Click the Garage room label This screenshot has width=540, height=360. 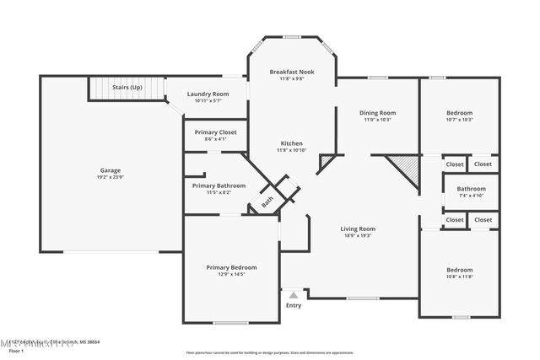coord(111,170)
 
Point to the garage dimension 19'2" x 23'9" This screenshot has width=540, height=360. coord(111,178)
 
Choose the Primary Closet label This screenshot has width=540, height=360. coord(215,132)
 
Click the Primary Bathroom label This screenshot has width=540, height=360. coord(219,185)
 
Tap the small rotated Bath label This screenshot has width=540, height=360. coord(267,201)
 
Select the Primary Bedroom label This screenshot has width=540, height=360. coord(232,267)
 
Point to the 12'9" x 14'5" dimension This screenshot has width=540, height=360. coord(232,275)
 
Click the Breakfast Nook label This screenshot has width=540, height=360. coord(292,73)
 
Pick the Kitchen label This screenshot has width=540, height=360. coord(291,143)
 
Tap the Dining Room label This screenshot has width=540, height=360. coord(377,112)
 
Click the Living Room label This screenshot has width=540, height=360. coord(358,228)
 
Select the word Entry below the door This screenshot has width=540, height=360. coord(293,305)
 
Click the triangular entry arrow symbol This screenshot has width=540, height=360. coord(293,295)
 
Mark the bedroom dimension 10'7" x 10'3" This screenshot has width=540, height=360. coord(459,120)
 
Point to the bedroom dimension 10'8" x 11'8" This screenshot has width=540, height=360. coord(460,277)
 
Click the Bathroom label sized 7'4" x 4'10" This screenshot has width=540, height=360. coord(471,189)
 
